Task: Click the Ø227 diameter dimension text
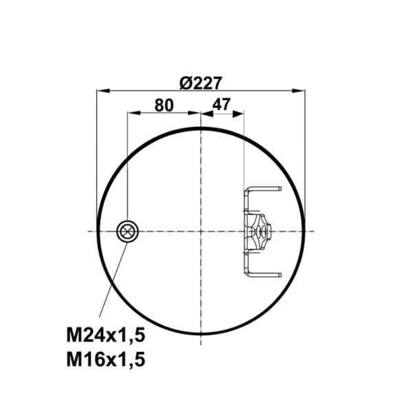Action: (x=200, y=83)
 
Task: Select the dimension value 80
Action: (x=163, y=105)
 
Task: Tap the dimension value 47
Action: (x=222, y=105)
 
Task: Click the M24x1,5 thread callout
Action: (x=107, y=336)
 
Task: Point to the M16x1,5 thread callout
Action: (x=107, y=359)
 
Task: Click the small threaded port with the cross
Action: (x=127, y=231)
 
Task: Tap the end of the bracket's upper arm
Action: (x=278, y=188)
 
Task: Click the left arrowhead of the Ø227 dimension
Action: (x=101, y=90)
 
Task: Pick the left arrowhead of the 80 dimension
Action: (x=131, y=114)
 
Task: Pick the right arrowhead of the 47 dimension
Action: (x=240, y=114)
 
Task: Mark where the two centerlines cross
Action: (x=200, y=231)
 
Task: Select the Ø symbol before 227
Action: (x=185, y=83)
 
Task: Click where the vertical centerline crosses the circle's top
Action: (x=200, y=128)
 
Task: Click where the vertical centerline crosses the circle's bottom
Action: (x=200, y=334)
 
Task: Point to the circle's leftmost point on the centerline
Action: (x=97, y=231)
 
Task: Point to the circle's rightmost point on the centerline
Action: (x=304, y=231)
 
